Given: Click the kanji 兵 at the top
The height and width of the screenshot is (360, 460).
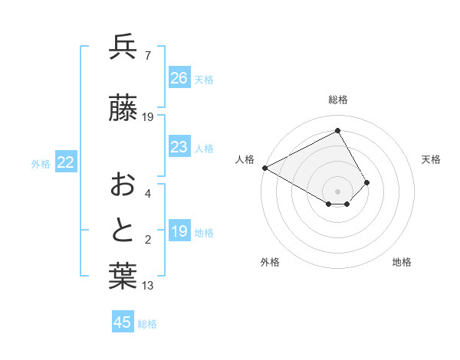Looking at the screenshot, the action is click(123, 47).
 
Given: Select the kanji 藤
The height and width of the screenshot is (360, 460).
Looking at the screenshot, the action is click(123, 109).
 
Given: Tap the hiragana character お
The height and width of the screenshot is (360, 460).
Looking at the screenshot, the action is click(123, 185).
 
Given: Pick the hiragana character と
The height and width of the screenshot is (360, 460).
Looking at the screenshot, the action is click(123, 231).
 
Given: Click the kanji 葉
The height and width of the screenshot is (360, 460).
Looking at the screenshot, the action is click(123, 277).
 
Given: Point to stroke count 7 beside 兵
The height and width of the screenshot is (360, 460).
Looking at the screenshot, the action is click(148, 56).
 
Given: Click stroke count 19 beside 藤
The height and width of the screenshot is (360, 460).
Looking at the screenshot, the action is click(149, 117).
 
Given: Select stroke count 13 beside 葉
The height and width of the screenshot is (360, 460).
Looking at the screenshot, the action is click(148, 286).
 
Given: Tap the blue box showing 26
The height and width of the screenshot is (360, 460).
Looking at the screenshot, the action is click(179, 78).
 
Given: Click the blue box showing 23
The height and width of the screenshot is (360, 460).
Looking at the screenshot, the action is click(179, 147).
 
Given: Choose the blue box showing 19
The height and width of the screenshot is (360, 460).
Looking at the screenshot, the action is click(179, 231).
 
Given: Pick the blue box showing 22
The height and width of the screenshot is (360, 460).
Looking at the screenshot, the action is click(66, 162).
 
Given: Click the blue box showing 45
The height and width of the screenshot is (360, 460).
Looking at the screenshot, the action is click(123, 322).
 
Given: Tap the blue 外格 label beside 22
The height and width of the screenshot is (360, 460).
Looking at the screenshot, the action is click(41, 164).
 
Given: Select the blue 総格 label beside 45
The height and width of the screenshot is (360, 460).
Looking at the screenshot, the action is click(147, 324).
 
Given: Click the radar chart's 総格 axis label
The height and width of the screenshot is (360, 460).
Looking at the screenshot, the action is click(337, 100).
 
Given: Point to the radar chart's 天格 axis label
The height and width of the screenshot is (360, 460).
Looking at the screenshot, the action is click(431, 159).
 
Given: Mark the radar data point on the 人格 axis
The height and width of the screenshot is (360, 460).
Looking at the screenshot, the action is click(264, 168).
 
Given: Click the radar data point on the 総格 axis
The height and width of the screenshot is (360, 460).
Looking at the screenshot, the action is click(337, 131).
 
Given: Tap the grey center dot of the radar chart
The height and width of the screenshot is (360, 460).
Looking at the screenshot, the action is click(337, 190).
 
